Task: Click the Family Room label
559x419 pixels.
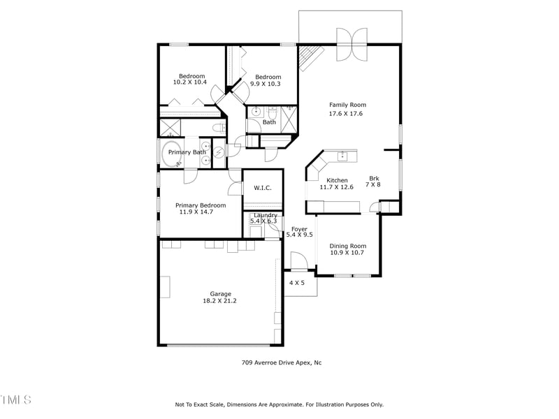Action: pyautogui.click(x=347, y=105)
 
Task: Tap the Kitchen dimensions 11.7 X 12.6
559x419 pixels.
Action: pyautogui.click(x=337, y=187)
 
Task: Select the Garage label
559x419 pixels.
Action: pyautogui.click(x=220, y=294)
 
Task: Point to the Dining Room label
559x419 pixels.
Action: pyautogui.click(x=347, y=246)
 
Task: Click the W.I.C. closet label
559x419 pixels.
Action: pyautogui.click(x=262, y=187)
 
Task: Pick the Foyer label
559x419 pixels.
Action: pyautogui.click(x=299, y=228)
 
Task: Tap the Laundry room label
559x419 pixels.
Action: pyautogui.click(x=265, y=215)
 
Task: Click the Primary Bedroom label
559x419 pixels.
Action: pyautogui.click(x=201, y=205)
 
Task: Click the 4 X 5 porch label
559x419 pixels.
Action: pyautogui.click(x=297, y=283)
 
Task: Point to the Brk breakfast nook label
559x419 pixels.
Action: pyautogui.click(x=374, y=178)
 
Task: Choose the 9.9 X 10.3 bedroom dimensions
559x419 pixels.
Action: pyautogui.click(x=266, y=84)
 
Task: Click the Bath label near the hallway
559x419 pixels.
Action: pyautogui.click(x=269, y=122)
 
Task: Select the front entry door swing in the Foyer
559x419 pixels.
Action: pyautogui.click(x=299, y=263)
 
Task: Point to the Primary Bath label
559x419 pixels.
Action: pyautogui.click(x=187, y=152)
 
